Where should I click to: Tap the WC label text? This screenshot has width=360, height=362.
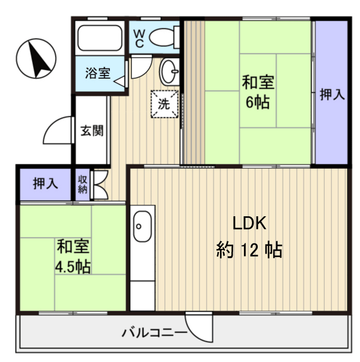click(x=139, y=37)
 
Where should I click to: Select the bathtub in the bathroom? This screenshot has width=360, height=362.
click(x=99, y=36)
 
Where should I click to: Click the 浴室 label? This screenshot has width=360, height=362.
click(x=97, y=73)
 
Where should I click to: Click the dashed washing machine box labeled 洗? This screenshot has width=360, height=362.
click(x=163, y=104)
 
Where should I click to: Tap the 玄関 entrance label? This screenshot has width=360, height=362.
click(x=92, y=130)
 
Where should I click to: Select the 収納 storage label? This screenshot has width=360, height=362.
click(x=82, y=185)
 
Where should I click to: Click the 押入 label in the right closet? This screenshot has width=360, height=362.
click(x=332, y=94)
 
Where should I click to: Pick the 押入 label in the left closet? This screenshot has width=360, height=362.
click(x=45, y=184)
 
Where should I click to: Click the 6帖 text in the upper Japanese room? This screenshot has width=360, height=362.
click(x=258, y=102)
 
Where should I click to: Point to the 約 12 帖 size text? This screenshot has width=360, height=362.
click(x=249, y=250)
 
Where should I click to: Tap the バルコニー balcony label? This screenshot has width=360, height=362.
click(x=153, y=334)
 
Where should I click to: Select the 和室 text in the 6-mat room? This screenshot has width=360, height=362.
click(x=258, y=81)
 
